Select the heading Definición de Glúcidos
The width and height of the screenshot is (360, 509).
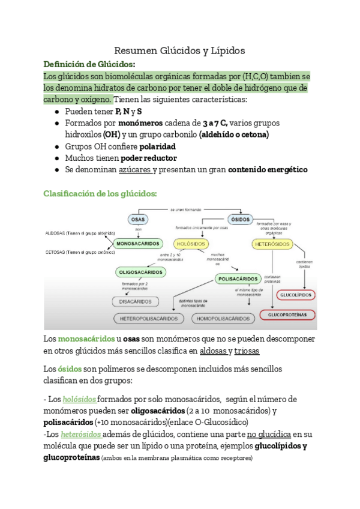(x=89, y=64)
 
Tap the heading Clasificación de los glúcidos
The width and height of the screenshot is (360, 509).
(x=101, y=193)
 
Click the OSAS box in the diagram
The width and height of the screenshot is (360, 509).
(x=137, y=220)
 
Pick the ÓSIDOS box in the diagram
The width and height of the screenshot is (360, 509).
(x=241, y=220)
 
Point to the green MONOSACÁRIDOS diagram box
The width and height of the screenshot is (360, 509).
(x=137, y=244)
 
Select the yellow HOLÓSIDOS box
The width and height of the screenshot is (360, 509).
(x=191, y=244)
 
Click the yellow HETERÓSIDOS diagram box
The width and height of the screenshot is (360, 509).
(x=273, y=244)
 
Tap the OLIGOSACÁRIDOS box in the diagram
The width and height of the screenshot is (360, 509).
(x=140, y=272)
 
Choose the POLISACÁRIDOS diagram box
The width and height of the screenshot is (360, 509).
(x=237, y=279)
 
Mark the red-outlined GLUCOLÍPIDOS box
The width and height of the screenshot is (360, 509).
(x=296, y=295)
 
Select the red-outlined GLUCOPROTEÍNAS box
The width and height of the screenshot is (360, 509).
(x=287, y=315)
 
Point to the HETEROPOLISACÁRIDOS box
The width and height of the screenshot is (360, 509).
(x=149, y=318)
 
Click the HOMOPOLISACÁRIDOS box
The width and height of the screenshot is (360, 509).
(x=222, y=318)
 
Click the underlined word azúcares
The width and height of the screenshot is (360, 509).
(x=134, y=170)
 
